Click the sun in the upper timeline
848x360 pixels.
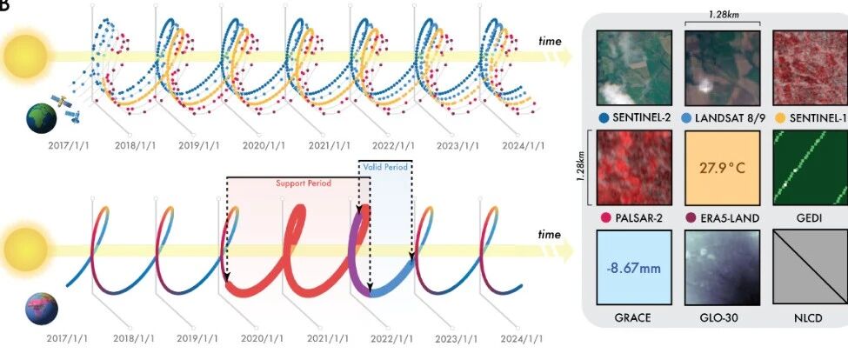tap(25, 57)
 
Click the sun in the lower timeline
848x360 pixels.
tap(25, 250)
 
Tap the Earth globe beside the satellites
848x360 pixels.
tap(42, 118)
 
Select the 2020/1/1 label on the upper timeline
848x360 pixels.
tap(264, 146)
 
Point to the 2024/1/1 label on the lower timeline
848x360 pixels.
tap(521, 339)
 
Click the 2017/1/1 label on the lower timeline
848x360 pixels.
tap(68, 339)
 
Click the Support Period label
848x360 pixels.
tap(304, 183)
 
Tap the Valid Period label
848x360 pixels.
tap(385, 167)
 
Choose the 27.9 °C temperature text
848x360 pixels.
tap(722, 168)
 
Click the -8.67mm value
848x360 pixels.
tap(634, 268)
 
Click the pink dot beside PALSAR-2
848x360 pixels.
tap(605, 218)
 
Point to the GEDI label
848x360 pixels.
tap(810, 218)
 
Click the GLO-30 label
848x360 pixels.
tap(722, 318)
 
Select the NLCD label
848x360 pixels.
tap(810, 318)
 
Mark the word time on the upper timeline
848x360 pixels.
tap(550, 41)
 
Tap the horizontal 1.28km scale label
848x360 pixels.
tap(723, 15)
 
